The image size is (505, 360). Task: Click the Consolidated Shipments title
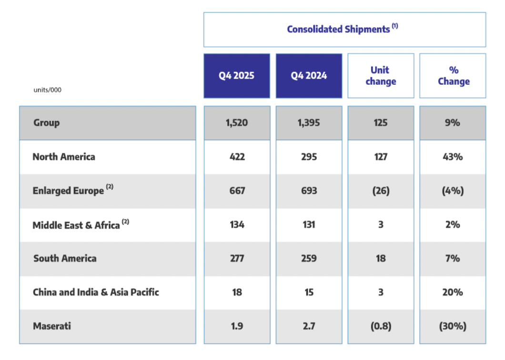pyautogui.click(x=342, y=29)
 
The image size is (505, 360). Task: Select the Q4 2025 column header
pyautogui.click(x=236, y=76)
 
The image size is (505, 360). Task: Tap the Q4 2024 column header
pyautogui.click(x=309, y=76)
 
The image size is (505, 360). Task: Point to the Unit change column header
pyautogui.click(x=381, y=76)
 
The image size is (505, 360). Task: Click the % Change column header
pyautogui.click(x=453, y=76)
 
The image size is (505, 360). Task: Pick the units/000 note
pyautogui.click(x=48, y=90)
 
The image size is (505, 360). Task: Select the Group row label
pyautogui.click(x=47, y=123)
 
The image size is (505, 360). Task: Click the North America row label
pyautogui.click(x=64, y=157)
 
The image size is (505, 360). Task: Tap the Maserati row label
pyautogui.click(x=52, y=326)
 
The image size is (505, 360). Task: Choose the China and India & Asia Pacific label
pyautogui.click(x=96, y=292)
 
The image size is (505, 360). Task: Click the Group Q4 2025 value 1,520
pyautogui.click(x=237, y=123)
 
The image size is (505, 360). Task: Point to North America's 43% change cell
pyautogui.click(x=453, y=157)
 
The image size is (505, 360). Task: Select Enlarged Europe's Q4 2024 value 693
pyautogui.click(x=309, y=190)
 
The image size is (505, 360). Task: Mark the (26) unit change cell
pyautogui.click(x=381, y=190)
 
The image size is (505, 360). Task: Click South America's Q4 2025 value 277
pyautogui.click(x=237, y=258)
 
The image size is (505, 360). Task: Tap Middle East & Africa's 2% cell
pyautogui.click(x=453, y=224)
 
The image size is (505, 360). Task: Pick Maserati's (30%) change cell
pyautogui.click(x=453, y=326)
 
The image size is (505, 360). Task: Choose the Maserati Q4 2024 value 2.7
pyautogui.click(x=309, y=326)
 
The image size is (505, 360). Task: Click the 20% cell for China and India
pyautogui.click(x=453, y=292)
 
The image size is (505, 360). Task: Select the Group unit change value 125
pyautogui.click(x=381, y=123)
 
